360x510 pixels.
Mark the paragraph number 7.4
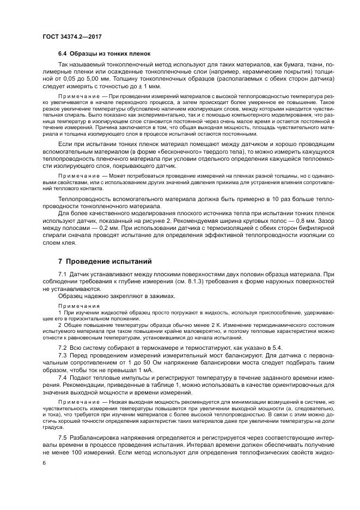tap(63, 377)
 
